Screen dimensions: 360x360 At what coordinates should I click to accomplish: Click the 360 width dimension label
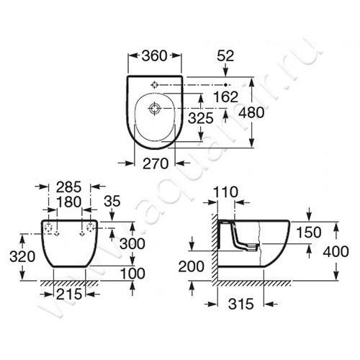(154, 55)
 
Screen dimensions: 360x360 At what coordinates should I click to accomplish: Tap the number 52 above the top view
(225, 55)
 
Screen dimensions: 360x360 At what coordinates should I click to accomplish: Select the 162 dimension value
(225, 97)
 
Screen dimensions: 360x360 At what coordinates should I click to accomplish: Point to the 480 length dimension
(251, 112)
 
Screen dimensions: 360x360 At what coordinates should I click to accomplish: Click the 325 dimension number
(200, 118)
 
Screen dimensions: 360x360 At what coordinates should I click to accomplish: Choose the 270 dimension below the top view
(156, 163)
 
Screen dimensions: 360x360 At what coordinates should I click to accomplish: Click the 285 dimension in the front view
(69, 187)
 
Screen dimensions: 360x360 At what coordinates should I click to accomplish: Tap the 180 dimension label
(69, 202)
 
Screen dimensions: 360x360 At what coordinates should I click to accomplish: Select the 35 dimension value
(112, 201)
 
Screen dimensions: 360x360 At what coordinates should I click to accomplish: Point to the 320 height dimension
(22, 256)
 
